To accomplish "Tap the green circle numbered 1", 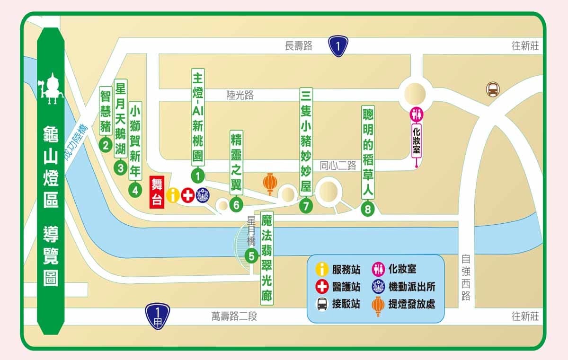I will click(x=197, y=176).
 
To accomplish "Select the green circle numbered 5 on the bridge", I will click(x=251, y=256).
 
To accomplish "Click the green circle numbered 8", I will click(x=368, y=209).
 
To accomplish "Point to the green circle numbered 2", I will click(x=106, y=145).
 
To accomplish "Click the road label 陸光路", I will click(x=240, y=95).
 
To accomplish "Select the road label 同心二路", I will click(x=337, y=166).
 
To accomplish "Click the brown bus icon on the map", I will click(x=493, y=89).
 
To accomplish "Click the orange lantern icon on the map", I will click(x=270, y=184).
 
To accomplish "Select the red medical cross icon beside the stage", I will click(x=188, y=195).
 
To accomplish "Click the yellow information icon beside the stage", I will click(x=173, y=195).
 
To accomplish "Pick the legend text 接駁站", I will click(x=346, y=304).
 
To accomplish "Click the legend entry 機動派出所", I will click(x=411, y=287).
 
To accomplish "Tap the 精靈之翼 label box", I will click(x=236, y=163).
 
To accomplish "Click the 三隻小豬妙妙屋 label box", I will click(x=306, y=140).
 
